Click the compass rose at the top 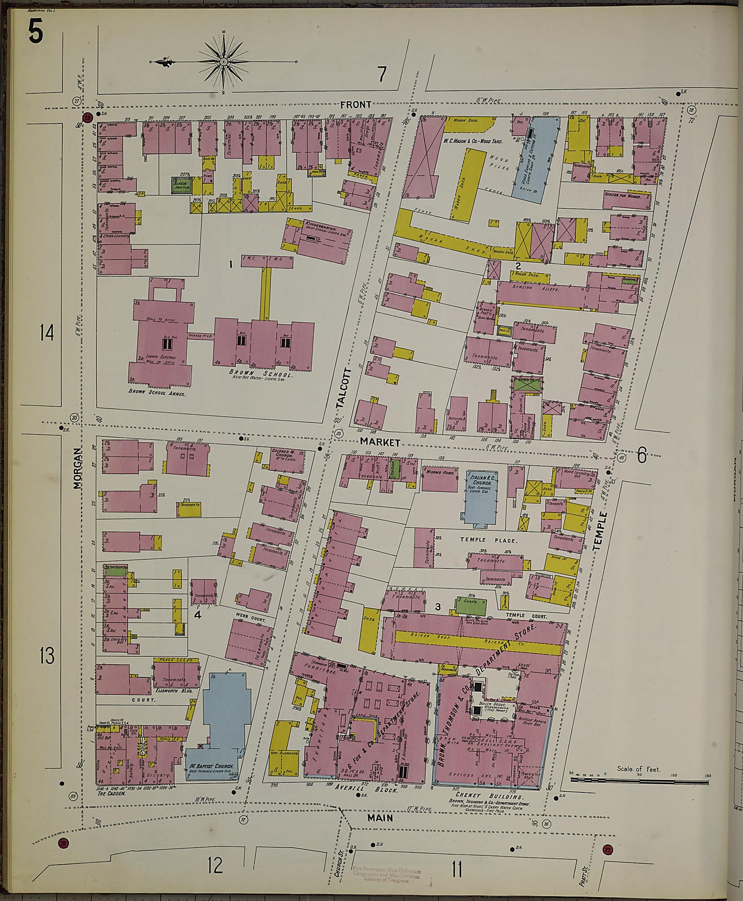point(223,61)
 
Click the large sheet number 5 point(35,33)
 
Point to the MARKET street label point(379,441)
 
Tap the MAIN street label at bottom point(380,818)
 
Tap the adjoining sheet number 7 point(381,74)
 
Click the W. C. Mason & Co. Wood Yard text point(473,141)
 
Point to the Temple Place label point(488,540)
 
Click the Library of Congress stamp point(387,875)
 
